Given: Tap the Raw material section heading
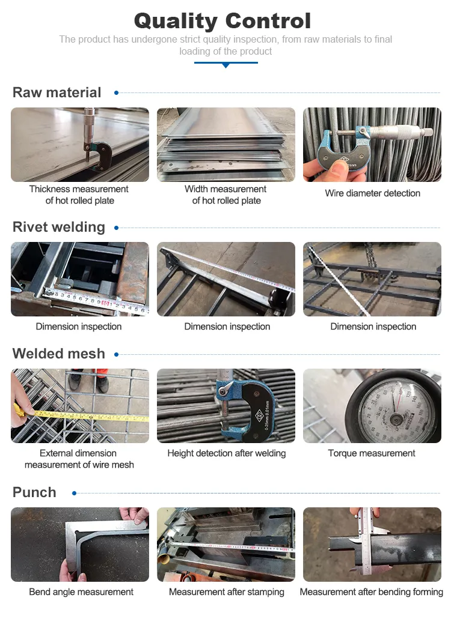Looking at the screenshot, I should pyautogui.click(x=57, y=92).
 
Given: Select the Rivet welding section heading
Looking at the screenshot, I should pyautogui.click(x=59, y=227).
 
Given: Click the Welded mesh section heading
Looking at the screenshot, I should pyautogui.click(x=59, y=354).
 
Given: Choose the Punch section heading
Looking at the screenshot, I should pyautogui.click(x=34, y=492).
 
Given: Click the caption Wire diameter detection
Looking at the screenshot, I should pyautogui.click(x=372, y=193).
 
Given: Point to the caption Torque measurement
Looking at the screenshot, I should pyautogui.click(x=372, y=453).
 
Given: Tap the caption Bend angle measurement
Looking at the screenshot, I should pyautogui.click(x=81, y=592).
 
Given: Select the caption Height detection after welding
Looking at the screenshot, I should pyautogui.click(x=227, y=453).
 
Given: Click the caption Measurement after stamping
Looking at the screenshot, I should pyautogui.click(x=227, y=592).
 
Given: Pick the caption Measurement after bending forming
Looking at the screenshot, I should pyautogui.click(x=372, y=592).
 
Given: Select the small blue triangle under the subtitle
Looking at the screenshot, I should pyautogui.click(x=226, y=65).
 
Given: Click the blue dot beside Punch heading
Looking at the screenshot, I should pyautogui.click(x=75, y=493).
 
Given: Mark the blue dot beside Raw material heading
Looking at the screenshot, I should pyautogui.click(x=117, y=92).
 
